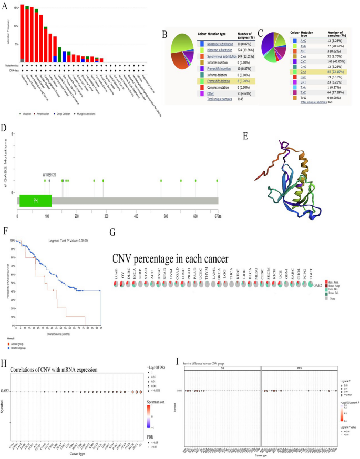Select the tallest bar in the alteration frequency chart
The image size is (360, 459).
[x=22, y=34]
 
